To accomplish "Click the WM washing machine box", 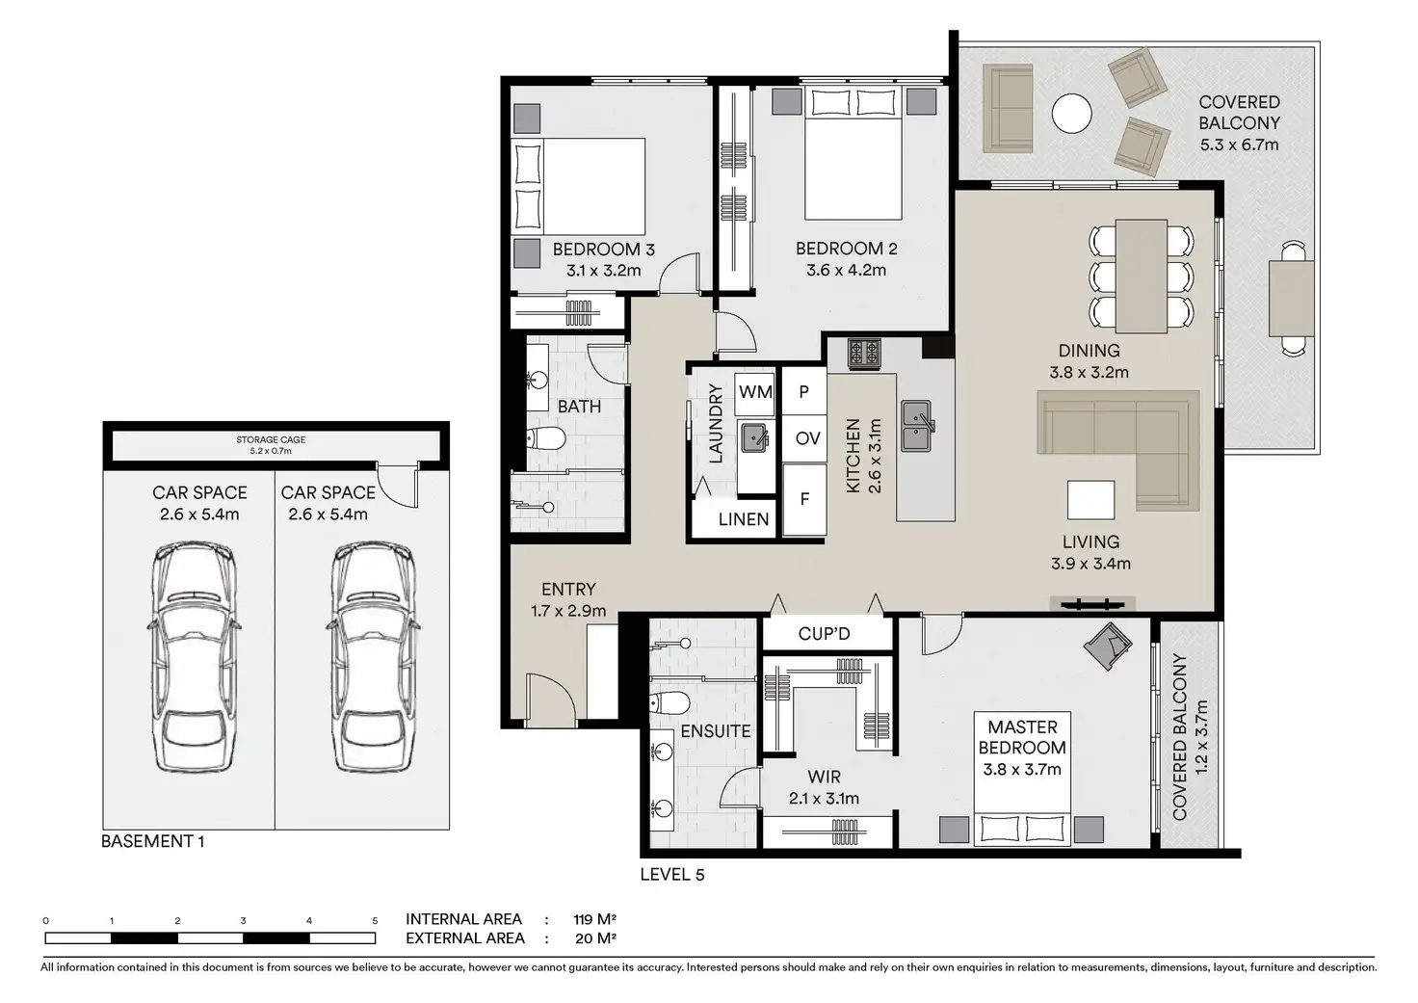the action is coord(755,393).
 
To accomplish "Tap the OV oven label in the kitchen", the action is coord(808,438).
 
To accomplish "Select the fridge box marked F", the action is coord(804,500).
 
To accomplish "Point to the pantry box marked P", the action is coord(804,391).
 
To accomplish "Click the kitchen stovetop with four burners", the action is coord(864,354).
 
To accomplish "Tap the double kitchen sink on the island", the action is coord(917,426).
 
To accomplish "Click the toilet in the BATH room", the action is coord(545,436).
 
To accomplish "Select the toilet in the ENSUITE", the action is coord(670,701).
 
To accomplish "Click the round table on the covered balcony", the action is coord(1072,114).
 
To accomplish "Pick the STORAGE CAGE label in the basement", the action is coord(271,439).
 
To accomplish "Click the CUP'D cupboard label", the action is coord(824,634).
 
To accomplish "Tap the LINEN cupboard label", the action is coord(743,520).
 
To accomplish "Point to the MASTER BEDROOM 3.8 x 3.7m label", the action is coord(1022,748).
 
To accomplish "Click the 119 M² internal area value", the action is coord(595,919).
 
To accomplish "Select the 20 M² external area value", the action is coord(595,938).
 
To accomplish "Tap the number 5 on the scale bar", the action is coord(375,921).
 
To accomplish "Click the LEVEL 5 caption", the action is coord(672,875).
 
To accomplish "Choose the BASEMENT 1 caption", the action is coord(152,841).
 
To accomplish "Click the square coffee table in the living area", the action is coord(1090,500).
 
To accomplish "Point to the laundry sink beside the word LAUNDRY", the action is coord(755,438).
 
